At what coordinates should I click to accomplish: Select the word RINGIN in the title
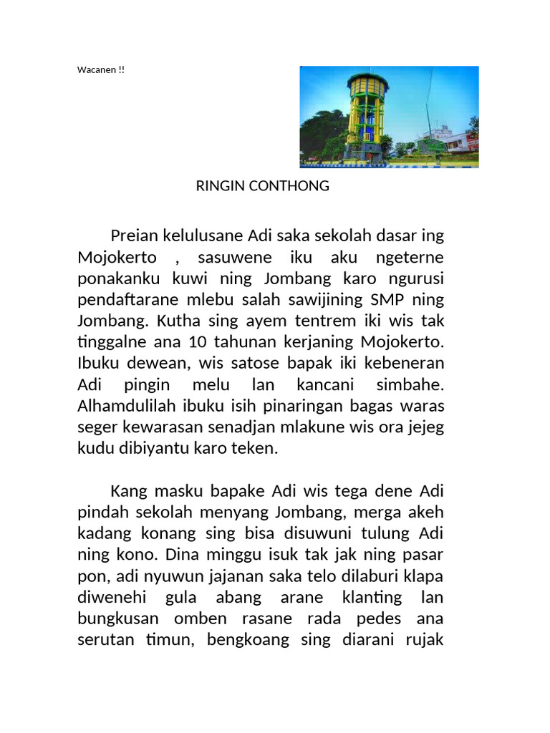click(220, 186)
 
